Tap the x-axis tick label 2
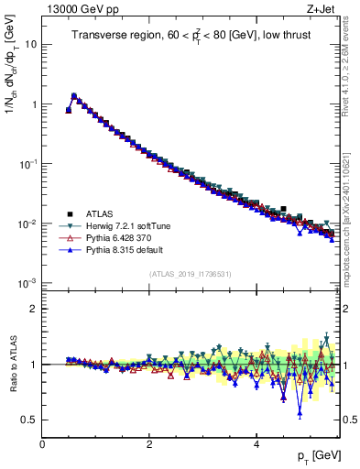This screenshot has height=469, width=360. (x=149, y=444)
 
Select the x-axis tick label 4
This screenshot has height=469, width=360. (x=256, y=444)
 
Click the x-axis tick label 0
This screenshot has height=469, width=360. (x=42, y=444)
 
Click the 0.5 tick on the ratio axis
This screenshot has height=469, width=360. (x=28, y=420)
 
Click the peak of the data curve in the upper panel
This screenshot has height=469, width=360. (x=74, y=95)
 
